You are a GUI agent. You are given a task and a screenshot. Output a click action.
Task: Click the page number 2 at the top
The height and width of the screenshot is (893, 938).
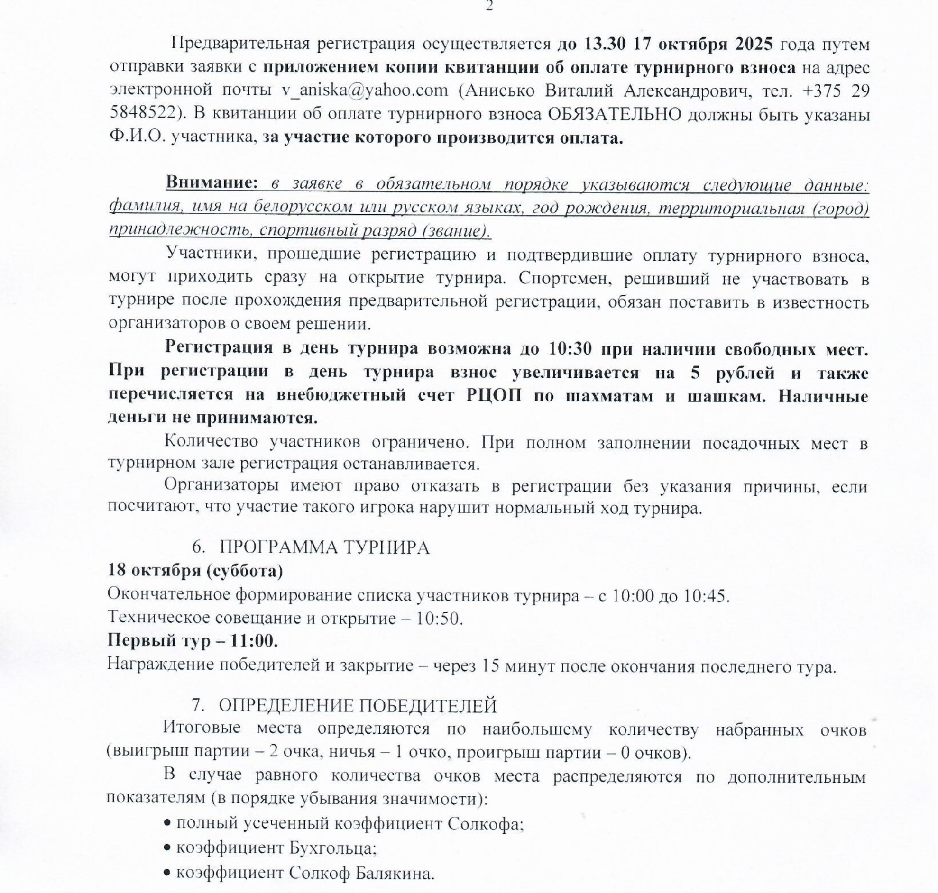click(x=488, y=7)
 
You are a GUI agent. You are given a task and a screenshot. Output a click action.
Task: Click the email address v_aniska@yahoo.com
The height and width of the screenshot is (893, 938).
click(x=365, y=91)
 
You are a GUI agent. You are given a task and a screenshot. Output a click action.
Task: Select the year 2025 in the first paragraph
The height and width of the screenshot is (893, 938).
click(x=753, y=44)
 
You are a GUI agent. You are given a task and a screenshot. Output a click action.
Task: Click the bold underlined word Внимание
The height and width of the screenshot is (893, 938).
click(x=212, y=183)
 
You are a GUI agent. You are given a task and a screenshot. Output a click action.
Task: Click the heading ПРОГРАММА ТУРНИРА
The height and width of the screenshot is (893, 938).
click(x=324, y=548)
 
